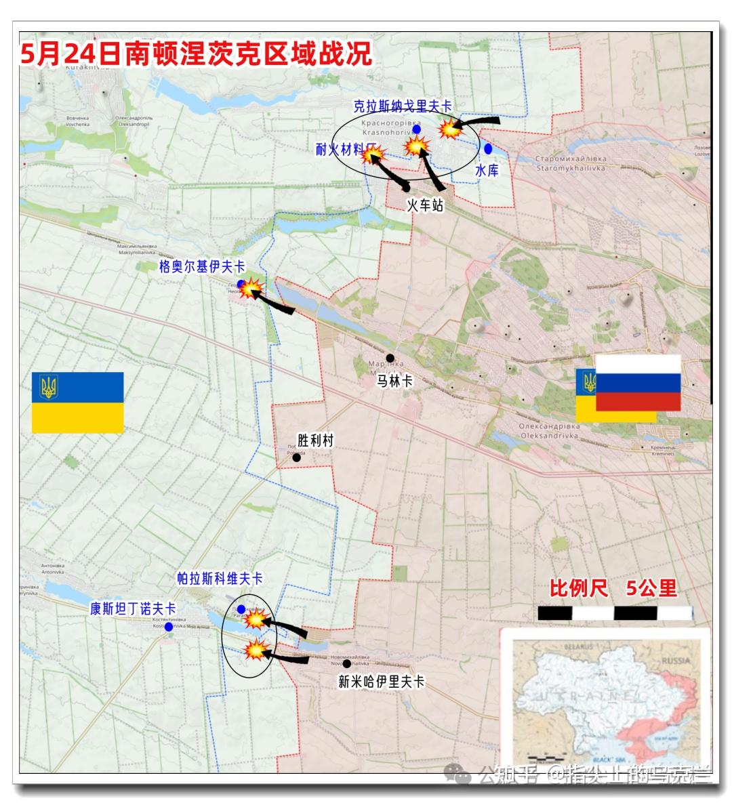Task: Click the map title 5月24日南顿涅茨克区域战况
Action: coord(197,55)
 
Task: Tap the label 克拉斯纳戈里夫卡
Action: coord(403,106)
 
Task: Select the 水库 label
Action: coord(487,171)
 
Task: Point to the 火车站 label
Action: coord(425,205)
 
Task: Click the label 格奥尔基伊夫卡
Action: coord(202,267)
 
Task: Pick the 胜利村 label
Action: coord(316,441)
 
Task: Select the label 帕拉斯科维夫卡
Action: coord(220,579)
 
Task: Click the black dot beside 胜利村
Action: coord(296,457)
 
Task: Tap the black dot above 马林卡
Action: coord(390,358)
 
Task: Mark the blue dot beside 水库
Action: coord(488,148)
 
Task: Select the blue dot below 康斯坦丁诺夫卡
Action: coord(169,627)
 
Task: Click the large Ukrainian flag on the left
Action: coord(78,403)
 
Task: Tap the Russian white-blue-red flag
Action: coord(638,383)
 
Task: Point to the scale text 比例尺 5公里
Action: coord(613,588)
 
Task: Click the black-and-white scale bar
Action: coord(615,613)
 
